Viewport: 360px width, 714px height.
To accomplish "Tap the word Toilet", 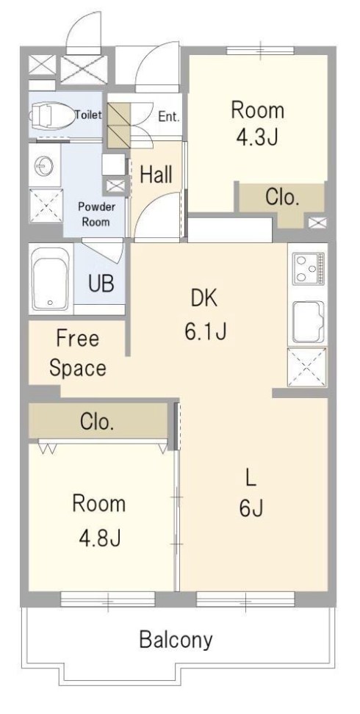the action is [89, 115].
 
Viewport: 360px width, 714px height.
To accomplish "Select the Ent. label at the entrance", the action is [169, 116].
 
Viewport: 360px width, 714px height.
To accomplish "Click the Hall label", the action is [156, 174].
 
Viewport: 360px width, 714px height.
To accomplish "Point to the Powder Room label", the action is [96, 214].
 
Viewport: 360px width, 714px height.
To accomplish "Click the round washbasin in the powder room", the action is [44, 166].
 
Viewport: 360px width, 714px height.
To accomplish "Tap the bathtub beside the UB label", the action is [50, 278].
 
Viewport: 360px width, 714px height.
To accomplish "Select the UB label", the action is [101, 284].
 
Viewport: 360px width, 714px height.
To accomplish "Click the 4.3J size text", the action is [257, 138].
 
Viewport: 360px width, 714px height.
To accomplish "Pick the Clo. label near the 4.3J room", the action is [283, 198].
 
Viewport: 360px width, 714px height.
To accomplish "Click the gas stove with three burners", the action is [309, 269].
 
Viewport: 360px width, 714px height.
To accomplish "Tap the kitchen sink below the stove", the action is [308, 322].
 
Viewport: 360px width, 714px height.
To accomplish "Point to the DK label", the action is [204, 299].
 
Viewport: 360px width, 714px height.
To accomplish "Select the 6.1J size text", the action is [205, 332].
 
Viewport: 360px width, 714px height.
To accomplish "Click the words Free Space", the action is [77, 353].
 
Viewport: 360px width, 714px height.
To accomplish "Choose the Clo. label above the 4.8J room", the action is [96, 422].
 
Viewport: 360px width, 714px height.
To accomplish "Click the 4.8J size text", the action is [99, 538].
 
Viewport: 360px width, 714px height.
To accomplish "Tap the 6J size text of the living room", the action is [251, 508].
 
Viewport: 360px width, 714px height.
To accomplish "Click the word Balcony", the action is [176, 640].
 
